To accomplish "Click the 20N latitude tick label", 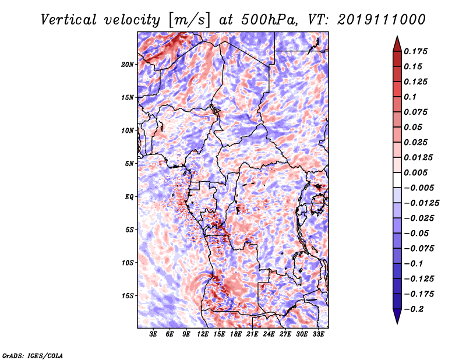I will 128,64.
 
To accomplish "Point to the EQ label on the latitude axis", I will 129,196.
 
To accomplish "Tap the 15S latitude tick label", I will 128,296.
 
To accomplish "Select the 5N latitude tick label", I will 129,164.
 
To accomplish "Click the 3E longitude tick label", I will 154,334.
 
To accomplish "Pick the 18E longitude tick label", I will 236,334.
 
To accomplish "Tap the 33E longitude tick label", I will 318,334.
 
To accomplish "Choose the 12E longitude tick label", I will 203,334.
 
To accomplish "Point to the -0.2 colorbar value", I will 414,309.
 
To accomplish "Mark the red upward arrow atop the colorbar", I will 396,43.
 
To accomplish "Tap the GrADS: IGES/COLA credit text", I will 32,355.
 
